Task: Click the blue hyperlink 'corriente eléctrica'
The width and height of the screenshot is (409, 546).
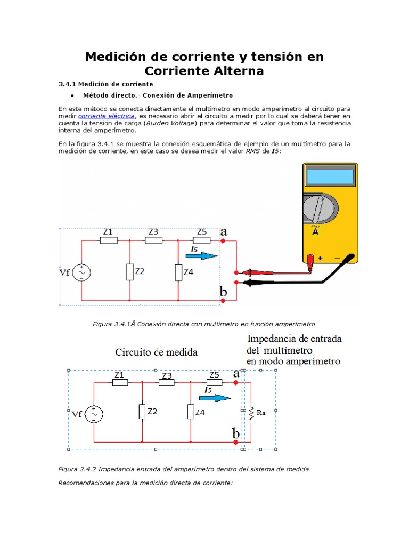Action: (x=107, y=116)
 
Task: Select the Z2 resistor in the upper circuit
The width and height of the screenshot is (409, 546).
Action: (x=130, y=271)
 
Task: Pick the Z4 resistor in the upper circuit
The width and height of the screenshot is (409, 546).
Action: (x=178, y=272)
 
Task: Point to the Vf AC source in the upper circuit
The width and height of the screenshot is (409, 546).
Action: (x=82, y=272)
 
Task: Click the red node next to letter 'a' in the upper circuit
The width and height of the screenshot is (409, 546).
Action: (x=223, y=241)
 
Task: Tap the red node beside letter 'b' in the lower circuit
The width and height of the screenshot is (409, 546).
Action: (x=236, y=441)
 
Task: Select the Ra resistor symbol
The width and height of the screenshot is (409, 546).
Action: (x=251, y=412)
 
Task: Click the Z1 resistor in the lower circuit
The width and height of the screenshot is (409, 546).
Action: (x=119, y=382)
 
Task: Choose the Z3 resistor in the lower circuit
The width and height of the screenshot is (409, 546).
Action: (x=167, y=382)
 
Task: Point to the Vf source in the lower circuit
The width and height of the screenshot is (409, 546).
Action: (x=94, y=413)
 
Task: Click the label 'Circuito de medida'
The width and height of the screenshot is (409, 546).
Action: (x=156, y=352)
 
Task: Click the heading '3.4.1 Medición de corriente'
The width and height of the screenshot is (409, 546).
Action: (x=105, y=84)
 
